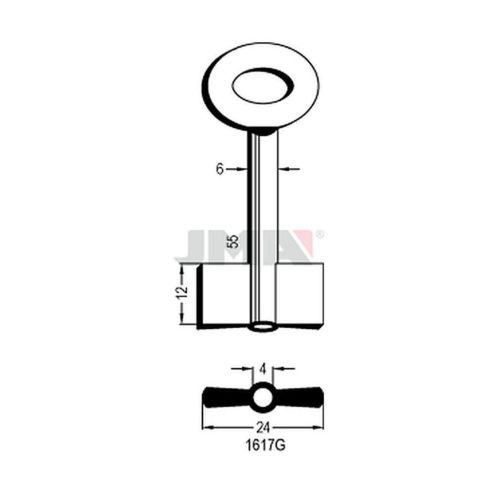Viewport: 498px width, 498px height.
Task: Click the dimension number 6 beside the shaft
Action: [220, 169]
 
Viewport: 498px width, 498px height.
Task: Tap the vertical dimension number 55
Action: [233, 242]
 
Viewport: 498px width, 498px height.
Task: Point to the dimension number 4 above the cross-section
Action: [263, 370]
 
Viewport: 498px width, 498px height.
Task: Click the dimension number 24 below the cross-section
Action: [263, 428]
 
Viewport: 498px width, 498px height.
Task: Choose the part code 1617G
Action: [265, 445]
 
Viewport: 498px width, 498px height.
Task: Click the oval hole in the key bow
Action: [263, 86]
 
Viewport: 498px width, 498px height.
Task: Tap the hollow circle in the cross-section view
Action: [263, 398]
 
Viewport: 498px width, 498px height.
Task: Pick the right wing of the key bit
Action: [300, 295]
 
